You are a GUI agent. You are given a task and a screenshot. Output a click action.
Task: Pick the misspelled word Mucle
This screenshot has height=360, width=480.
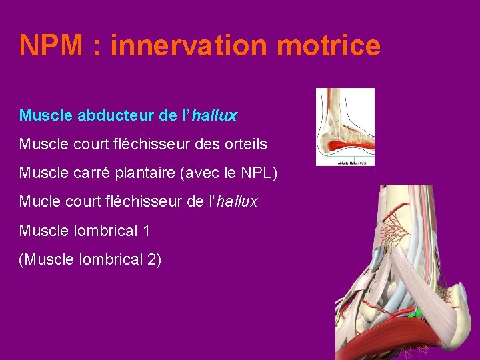[x=37, y=201]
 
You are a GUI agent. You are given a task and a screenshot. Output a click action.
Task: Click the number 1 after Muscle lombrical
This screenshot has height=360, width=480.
[x=146, y=231]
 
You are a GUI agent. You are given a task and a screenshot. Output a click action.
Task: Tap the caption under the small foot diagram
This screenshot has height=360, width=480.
[x=345, y=162]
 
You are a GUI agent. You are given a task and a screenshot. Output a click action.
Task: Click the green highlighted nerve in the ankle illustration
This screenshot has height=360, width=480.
[x=415, y=312]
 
